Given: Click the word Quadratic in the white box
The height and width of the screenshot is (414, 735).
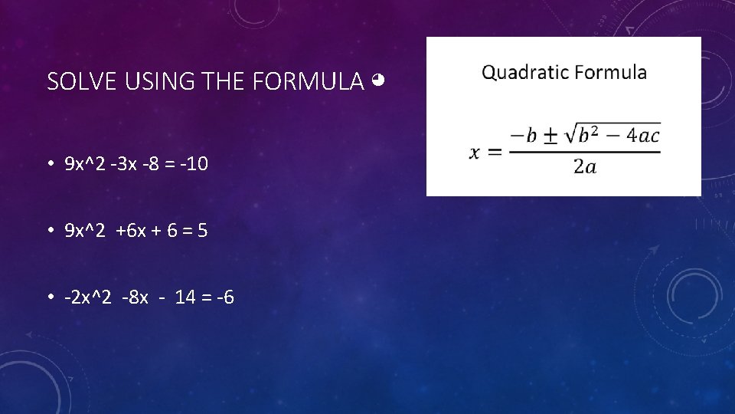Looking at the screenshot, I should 524,73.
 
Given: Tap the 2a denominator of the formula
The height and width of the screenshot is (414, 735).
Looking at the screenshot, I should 584,166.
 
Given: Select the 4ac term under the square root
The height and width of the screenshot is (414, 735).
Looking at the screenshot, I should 642,136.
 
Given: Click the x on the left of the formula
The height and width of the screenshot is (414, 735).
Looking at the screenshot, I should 475,151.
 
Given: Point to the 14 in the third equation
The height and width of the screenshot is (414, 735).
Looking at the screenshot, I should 185,296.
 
